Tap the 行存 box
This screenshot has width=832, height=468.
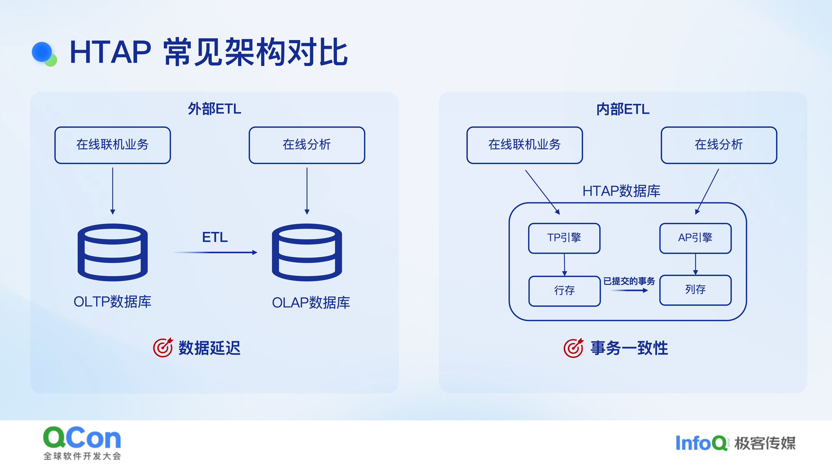[564, 291]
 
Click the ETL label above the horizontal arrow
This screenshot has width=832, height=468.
[215, 237]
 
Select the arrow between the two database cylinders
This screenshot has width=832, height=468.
[215, 252]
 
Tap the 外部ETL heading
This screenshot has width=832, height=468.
[214, 109]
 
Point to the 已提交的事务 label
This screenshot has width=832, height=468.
[629, 281]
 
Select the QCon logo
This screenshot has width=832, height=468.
[82, 442]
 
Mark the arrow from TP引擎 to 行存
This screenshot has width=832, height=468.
[565, 264]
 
